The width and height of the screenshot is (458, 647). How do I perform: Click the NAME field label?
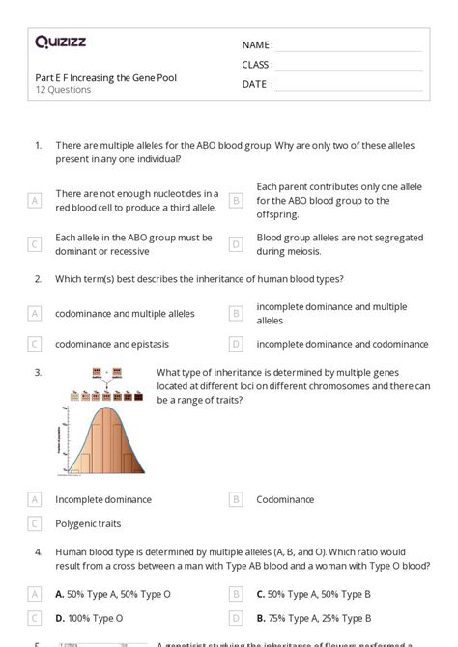[x=256, y=44]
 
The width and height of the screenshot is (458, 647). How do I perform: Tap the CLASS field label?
[x=257, y=65]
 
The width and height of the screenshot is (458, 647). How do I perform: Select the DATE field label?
[x=256, y=84]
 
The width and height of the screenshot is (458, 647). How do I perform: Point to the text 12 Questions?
[x=63, y=90]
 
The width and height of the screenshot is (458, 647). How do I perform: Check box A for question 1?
[x=35, y=200]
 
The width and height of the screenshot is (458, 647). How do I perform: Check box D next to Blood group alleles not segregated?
[x=235, y=244]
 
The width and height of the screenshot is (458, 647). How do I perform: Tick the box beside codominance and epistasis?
[x=35, y=343]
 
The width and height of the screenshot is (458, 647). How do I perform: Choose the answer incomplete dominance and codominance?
[x=342, y=343]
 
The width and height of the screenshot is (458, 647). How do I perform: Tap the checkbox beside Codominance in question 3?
[x=235, y=499]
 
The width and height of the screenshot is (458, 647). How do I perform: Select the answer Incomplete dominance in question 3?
[x=103, y=499]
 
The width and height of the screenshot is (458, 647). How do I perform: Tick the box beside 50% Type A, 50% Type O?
[x=35, y=593]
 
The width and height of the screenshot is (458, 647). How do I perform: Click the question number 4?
[x=37, y=552]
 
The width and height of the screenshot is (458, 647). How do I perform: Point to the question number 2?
[x=37, y=279]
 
